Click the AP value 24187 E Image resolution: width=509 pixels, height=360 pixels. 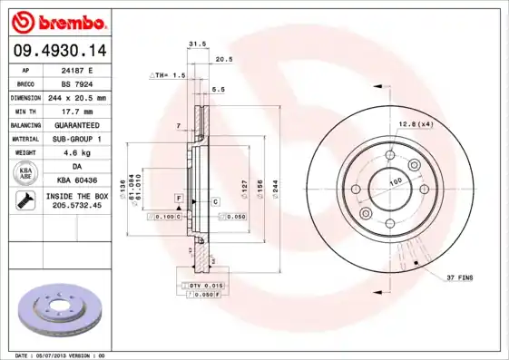point(76,70)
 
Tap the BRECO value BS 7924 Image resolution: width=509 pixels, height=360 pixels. point(76,83)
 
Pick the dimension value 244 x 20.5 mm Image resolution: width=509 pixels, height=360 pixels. point(76,97)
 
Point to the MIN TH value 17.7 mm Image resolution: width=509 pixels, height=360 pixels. point(76,111)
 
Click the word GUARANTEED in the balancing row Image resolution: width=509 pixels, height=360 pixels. point(76,124)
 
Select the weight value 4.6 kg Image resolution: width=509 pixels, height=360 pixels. point(76,152)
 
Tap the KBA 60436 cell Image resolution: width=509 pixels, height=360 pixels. point(76,180)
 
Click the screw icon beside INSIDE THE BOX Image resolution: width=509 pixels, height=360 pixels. point(25,201)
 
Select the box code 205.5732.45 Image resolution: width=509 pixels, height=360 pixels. point(76,207)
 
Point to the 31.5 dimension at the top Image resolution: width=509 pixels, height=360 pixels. point(194,43)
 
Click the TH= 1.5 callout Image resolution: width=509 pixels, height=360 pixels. point(168,75)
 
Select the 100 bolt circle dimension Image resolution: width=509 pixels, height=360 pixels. point(396,182)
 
